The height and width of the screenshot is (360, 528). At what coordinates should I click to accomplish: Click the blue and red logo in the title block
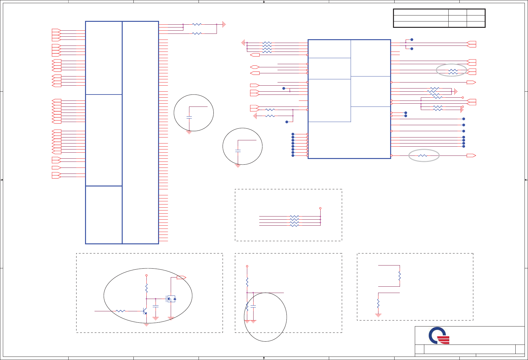pos(439,336)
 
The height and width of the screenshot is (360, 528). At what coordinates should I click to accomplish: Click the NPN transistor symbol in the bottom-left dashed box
pos(145,311)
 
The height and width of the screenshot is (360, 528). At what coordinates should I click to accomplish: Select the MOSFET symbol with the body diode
pos(171,299)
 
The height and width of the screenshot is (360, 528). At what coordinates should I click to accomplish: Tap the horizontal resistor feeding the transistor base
pos(120,311)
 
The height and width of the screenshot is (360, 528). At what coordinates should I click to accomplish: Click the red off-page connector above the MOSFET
pos(181,278)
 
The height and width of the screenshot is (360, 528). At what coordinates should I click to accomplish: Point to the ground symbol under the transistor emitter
pos(146,325)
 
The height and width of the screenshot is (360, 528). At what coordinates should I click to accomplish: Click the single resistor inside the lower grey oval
pos(422,156)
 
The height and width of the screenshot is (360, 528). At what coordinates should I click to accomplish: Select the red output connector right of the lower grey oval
pos(471,156)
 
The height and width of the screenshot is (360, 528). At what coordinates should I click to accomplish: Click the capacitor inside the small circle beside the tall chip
pos(189,117)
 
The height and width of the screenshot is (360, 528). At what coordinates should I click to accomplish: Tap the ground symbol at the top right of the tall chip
pos(224,24)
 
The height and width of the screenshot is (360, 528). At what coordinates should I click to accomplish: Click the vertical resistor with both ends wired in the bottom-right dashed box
pos(400,276)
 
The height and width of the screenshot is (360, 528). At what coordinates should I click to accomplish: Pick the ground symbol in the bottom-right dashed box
pos(378,315)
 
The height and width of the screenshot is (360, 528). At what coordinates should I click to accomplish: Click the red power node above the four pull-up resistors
pos(320,208)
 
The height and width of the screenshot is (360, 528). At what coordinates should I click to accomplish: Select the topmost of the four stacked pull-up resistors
pos(294,217)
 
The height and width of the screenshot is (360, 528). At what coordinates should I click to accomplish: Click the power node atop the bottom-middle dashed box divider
pos(247,266)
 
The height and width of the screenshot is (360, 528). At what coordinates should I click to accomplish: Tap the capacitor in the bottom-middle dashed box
pos(253,306)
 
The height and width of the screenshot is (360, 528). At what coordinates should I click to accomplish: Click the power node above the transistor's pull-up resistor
pos(146,275)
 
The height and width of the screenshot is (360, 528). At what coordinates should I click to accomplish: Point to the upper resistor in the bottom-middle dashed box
pos(247,282)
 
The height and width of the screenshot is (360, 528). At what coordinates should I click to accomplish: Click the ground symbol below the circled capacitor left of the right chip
pos(238,166)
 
